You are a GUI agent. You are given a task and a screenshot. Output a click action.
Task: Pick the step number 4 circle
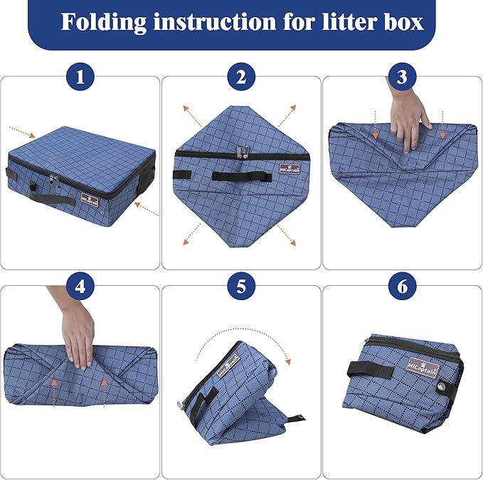[80, 287]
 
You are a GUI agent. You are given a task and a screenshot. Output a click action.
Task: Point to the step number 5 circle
[241, 287]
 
